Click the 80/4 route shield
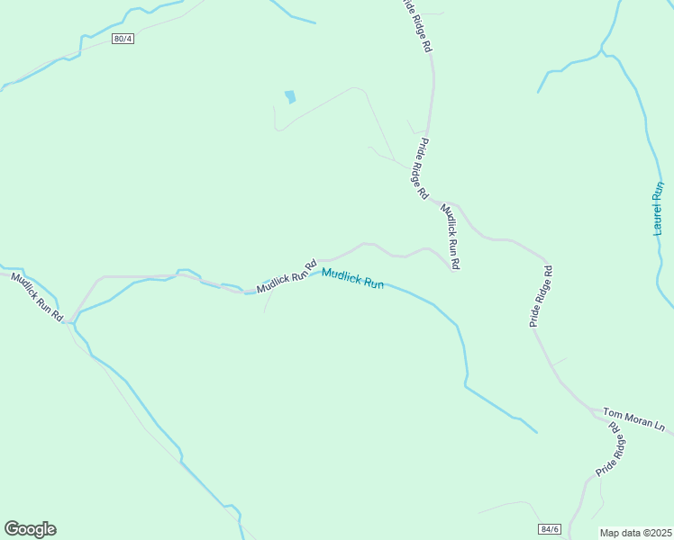click(x=123, y=39)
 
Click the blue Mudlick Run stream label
click(x=353, y=279)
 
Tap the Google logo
click(x=30, y=529)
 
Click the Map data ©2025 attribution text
click(x=635, y=533)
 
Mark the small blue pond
click(x=289, y=96)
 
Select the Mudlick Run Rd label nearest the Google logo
click(x=37, y=297)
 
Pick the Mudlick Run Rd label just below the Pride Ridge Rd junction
click(x=451, y=237)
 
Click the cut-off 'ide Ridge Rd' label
click(x=415, y=27)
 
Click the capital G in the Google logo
click(x=13, y=529)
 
